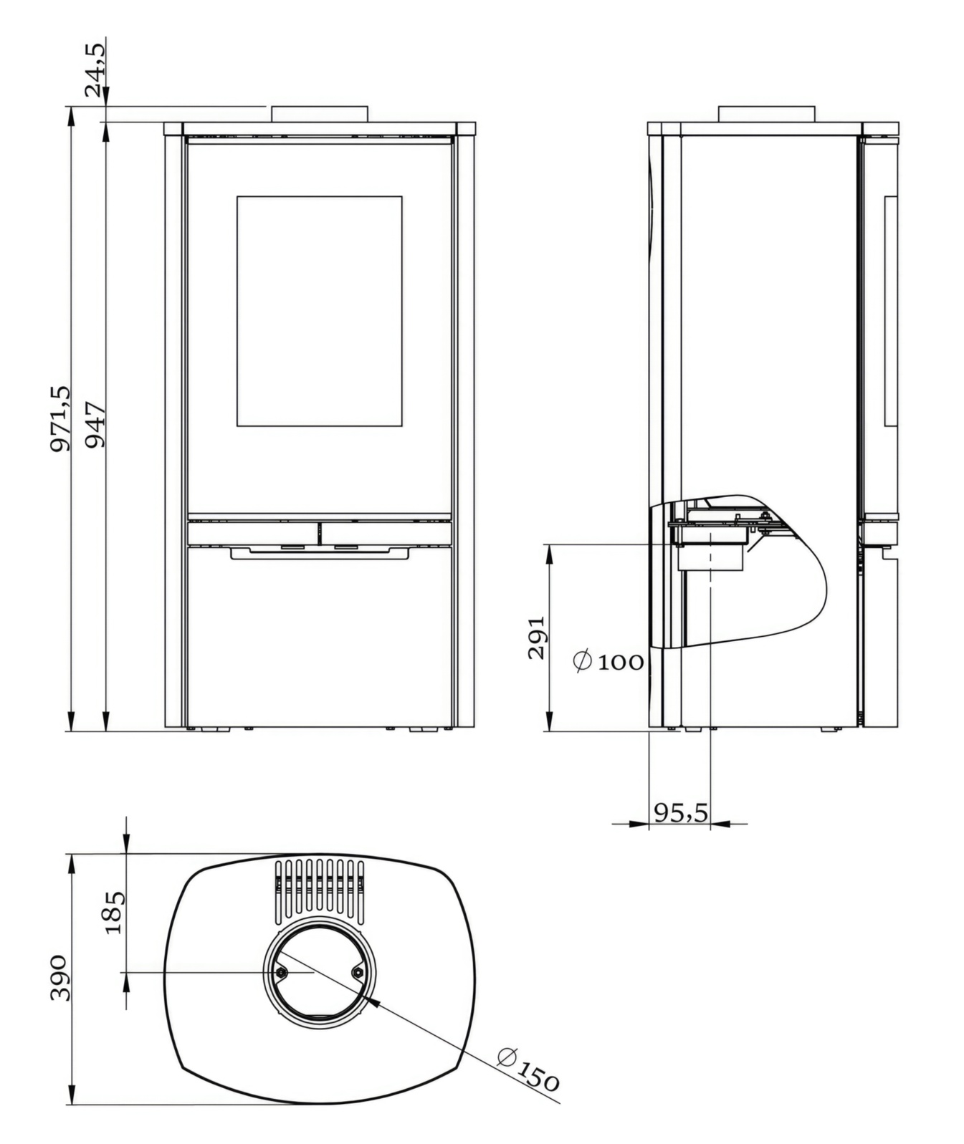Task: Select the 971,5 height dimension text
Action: (x=61, y=418)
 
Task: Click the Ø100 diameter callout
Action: (x=609, y=661)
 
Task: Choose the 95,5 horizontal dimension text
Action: (x=680, y=812)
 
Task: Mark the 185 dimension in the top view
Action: (x=115, y=912)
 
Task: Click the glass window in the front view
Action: (x=319, y=311)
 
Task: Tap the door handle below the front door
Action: (x=320, y=553)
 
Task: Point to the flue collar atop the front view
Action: (x=320, y=114)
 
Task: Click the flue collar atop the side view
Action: (x=766, y=114)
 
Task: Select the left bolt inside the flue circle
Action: (x=281, y=972)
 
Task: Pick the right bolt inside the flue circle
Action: (x=358, y=971)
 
